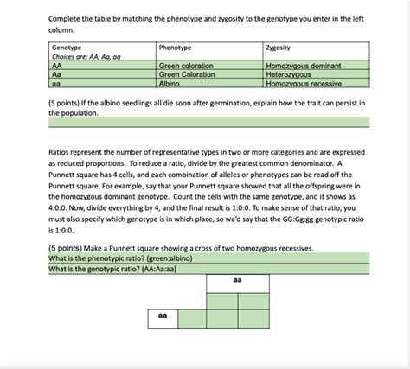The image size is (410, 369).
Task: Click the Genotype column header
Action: (67, 48)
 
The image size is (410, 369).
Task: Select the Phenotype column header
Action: (176, 48)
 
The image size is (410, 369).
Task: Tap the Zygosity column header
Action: (279, 48)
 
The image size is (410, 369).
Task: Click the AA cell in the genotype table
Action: (57, 66)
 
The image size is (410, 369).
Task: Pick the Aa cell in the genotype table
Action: (57, 74)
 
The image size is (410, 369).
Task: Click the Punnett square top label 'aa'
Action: (237, 281)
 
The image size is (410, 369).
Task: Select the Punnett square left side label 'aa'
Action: (162, 316)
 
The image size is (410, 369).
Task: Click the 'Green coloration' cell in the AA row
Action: (187, 66)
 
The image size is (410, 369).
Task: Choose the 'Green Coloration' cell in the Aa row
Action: (187, 74)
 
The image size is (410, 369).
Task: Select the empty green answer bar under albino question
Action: (208, 123)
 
